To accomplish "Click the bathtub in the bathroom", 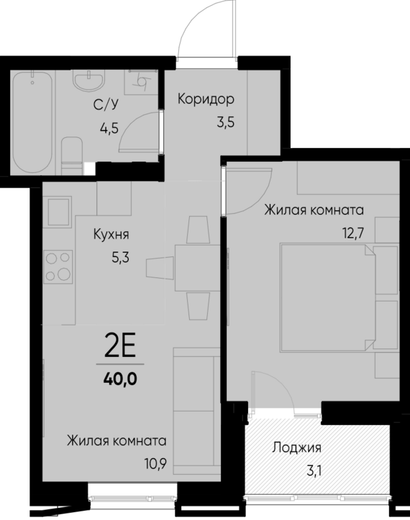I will (x=33, y=121).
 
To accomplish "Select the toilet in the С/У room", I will (x=73, y=154).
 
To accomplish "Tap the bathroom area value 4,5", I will (x=109, y=130).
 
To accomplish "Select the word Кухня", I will (x=111, y=234).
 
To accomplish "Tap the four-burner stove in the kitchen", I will (x=58, y=265).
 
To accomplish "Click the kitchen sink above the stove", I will (x=58, y=212).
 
